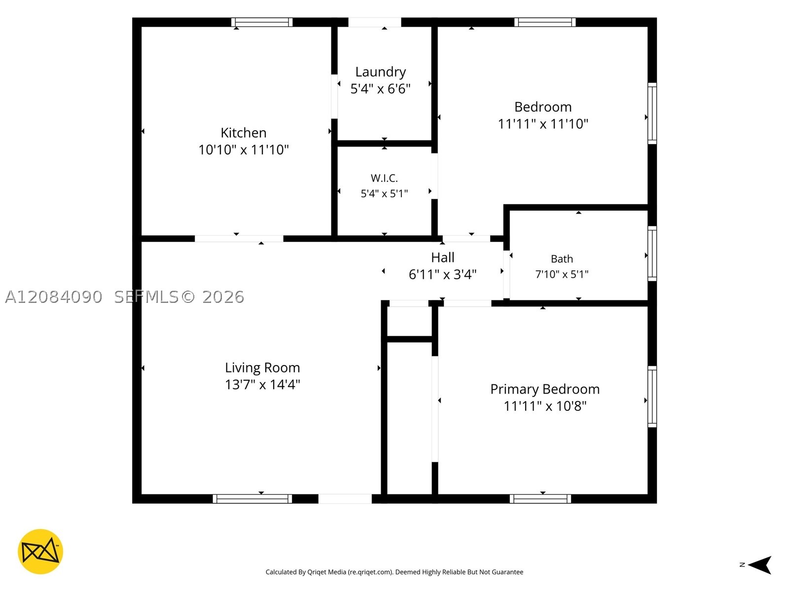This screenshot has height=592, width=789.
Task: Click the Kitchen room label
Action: click(243, 133)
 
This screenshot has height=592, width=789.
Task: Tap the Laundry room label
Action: click(380, 72)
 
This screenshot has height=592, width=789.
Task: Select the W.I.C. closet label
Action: click(384, 178)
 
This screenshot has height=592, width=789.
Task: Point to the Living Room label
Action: click(262, 368)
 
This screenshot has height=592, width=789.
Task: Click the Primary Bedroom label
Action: click(545, 389)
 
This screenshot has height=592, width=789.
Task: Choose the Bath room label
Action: click(562, 259)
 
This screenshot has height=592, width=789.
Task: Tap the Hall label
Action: click(442, 258)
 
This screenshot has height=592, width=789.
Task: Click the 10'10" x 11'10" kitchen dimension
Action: click(243, 149)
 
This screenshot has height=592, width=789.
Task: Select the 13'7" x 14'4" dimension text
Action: click(262, 385)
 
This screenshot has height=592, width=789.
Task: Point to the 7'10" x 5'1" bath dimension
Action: click(562, 274)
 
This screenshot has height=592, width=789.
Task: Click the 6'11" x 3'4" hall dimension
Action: click(442, 275)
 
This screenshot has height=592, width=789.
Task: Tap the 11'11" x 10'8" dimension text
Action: click(545, 406)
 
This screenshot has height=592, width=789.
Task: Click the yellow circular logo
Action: click(40, 552)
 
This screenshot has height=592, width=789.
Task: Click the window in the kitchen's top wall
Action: click(262, 22)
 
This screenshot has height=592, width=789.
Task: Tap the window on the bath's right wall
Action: click(652, 254)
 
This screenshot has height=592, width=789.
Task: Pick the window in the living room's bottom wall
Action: click(252, 499)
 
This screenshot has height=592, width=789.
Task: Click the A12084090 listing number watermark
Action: click(54, 297)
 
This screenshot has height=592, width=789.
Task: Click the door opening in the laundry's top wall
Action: click(375, 22)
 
